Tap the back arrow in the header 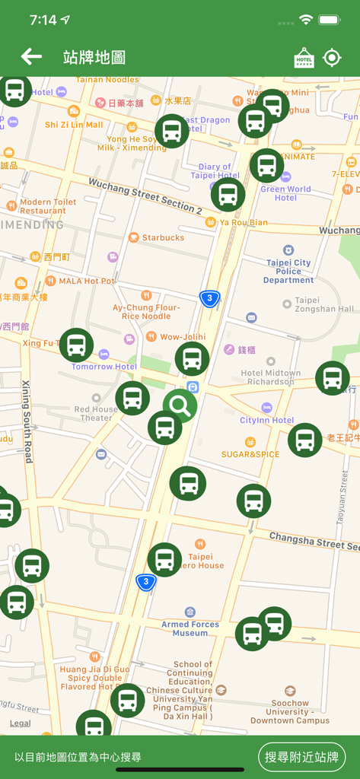tap(31, 56)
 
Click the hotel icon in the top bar tap(304, 58)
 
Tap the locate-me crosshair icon tap(333, 58)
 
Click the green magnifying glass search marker tap(180, 405)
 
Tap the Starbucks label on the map tap(162, 237)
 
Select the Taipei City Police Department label tap(288, 271)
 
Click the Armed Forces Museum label tap(190, 628)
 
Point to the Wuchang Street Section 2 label tap(145, 196)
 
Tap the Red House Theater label tap(96, 413)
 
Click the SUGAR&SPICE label tap(250, 453)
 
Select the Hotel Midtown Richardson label tap(271, 377)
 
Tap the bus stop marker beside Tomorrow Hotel tap(76, 345)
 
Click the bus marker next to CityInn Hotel tap(304, 440)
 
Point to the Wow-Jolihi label tap(183, 336)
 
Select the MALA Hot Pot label tap(86, 281)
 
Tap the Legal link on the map tap(21, 723)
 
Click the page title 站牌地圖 tap(94, 57)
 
